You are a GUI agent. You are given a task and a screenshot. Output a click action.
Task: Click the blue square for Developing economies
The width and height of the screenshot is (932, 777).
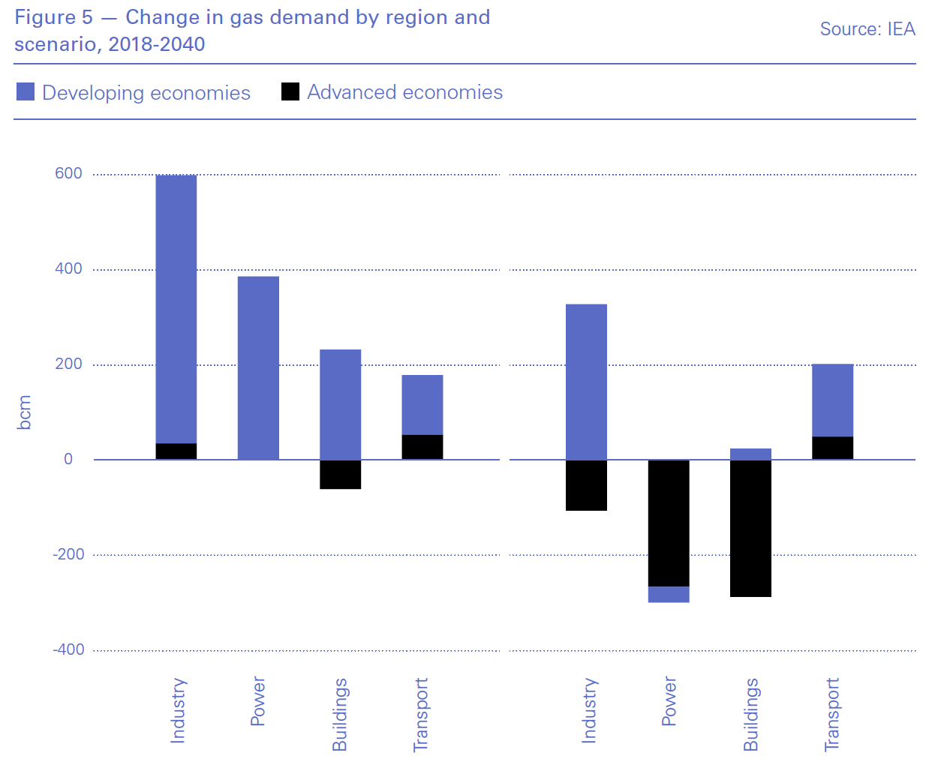pos(26,92)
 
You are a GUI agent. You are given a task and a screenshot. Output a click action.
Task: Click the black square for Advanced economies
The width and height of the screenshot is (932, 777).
pos(290,91)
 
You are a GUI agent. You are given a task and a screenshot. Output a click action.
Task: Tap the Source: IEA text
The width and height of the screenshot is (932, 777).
pos(867,29)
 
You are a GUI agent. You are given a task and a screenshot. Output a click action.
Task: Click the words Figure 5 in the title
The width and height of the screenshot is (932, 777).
pos(53,17)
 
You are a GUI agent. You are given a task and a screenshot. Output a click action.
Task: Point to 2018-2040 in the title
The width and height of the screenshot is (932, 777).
pos(157,44)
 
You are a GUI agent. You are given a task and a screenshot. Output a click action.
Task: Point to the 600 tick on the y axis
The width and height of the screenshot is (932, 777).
pos(68,173)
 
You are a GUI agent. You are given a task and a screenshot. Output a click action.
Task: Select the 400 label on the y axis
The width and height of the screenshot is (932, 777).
pos(68,268)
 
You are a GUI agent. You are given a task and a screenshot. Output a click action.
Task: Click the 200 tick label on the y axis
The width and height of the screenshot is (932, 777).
pos(68,364)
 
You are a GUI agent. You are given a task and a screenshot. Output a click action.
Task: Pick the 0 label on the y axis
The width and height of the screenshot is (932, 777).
pos(68,459)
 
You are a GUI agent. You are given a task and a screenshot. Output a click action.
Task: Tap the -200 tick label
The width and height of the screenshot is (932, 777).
pos(68,554)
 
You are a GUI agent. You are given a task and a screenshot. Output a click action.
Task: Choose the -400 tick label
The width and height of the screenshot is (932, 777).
pos(68,649)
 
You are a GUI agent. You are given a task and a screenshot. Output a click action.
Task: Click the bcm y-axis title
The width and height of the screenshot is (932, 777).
pos(24,412)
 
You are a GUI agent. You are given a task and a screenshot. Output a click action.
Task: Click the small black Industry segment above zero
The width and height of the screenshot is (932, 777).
pos(176,451)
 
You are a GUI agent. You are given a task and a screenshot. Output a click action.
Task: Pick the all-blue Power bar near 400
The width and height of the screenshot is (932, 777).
pos(258,367)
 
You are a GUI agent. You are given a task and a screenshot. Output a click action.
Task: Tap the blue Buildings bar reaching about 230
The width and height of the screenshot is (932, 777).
pos(341,404)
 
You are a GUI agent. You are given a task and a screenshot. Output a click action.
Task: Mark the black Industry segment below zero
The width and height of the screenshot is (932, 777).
pos(586,485)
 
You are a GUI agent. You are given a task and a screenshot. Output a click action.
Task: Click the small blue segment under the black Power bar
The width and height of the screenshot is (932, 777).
pos(669,595)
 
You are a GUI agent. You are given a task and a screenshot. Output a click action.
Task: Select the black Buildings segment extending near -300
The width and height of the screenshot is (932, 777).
pos(750,528)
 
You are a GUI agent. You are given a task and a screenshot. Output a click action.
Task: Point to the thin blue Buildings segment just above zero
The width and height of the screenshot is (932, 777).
pos(750,454)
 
